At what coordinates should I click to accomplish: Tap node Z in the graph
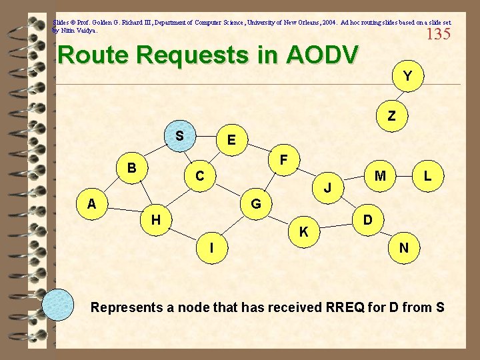(391, 116)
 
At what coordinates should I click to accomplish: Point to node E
(231, 140)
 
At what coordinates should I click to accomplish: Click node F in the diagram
(284, 160)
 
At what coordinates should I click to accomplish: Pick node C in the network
(199, 177)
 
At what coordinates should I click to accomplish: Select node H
(155, 219)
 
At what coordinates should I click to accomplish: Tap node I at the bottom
(211, 247)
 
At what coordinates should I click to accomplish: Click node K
(303, 231)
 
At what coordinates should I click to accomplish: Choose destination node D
(367, 219)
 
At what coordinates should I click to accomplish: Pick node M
(381, 176)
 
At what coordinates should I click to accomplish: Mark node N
(404, 248)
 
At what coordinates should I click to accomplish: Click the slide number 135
(438, 35)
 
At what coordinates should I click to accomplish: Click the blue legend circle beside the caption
(58, 306)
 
